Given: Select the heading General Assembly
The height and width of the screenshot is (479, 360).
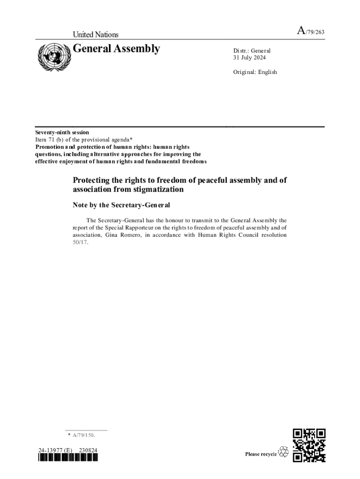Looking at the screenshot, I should point(116,49).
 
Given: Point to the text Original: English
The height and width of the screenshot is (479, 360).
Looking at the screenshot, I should point(255,72).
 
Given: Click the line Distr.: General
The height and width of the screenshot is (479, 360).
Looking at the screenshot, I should point(252,51).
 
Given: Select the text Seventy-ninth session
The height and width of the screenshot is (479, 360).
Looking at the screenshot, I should point(62,132).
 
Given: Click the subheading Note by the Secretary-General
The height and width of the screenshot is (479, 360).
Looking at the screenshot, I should point(121,205).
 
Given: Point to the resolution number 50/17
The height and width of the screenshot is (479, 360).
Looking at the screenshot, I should point(80,242).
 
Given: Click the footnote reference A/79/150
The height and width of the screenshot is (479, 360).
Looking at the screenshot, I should point(84,435).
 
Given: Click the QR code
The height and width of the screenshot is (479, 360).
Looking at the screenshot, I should point(309,445).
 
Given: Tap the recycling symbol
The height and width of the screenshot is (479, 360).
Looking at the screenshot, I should point(283,452).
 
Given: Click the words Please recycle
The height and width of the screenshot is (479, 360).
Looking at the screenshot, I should point(261,454).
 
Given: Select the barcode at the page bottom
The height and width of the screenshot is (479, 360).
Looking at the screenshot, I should point(68,458).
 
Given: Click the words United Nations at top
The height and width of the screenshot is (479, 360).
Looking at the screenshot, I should point(95,35).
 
